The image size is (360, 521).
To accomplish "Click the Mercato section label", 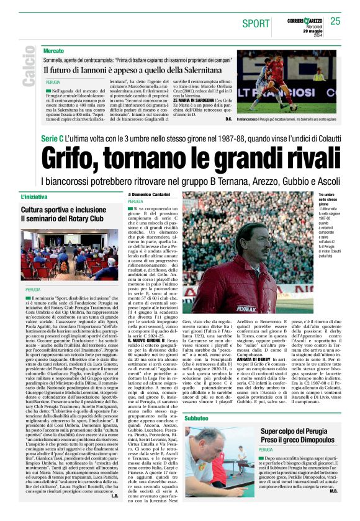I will point(54,50).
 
